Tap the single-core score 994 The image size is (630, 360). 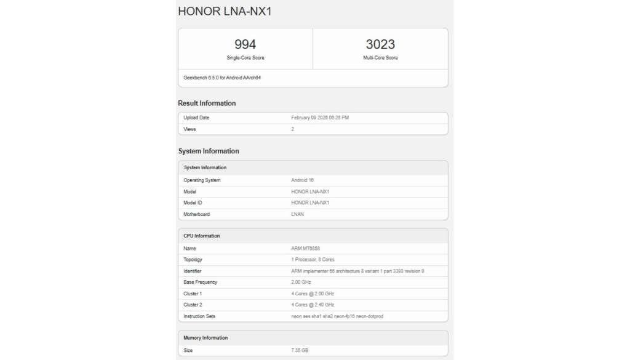click(x=245, y=44)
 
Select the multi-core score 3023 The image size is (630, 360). click(x=380, y=44)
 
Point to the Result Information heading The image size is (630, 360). click(x=207, y=103)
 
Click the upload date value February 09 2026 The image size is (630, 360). click(x=324, y=118)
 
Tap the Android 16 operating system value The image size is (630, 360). click(x=303, y=180)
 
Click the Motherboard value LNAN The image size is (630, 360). click(x=298, y=214)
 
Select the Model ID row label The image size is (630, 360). click(x=193, y=202)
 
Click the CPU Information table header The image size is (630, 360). click(x=202, y=236)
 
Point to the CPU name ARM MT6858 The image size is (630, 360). click(x=305, y=249)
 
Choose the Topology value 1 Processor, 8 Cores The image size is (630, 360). click(x=313, y=260)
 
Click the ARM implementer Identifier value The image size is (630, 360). click(x=357, y=271)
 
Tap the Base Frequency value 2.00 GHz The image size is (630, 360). click(x=301, y=282)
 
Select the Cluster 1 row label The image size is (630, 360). click(x=194, y=294)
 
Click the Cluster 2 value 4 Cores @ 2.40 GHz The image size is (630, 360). click(x=313, y=305)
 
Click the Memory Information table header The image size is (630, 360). click(x=205, y=338)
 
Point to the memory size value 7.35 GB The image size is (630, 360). click(x=300, y=350)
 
